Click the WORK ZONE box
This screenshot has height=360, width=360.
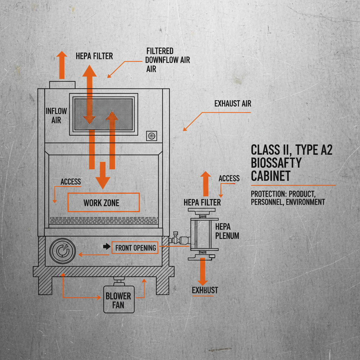(103, 202)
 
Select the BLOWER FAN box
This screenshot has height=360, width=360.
(118, 300)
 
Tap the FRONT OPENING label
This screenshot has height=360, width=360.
(135, 248)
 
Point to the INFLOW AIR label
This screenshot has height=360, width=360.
(56, 115)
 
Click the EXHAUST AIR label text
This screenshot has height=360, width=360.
(233, 104)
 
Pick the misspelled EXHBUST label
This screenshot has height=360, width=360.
(205, 290)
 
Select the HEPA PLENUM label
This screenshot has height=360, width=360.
(227, 231)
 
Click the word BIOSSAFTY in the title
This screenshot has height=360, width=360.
(276, 163)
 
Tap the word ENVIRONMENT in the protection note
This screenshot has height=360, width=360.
(305, 202)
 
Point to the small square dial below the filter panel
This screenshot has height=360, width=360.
(152, 136)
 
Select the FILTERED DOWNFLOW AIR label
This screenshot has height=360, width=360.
(167, 60)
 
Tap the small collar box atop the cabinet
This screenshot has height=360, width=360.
(62, 85)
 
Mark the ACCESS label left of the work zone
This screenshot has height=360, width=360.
(71, 182)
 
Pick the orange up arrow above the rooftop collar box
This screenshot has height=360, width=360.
(62, 65)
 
